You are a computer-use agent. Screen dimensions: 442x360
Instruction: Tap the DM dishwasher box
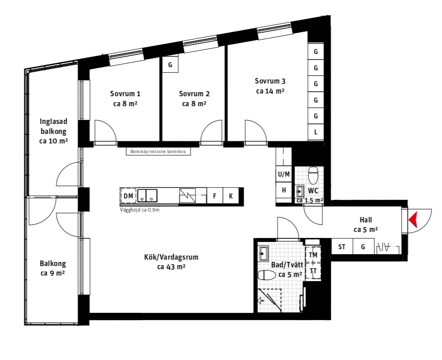[128, 196]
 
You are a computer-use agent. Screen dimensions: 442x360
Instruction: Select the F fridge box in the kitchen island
[215, 196]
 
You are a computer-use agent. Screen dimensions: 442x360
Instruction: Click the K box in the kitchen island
[231, 196]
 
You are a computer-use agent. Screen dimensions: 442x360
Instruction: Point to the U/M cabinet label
[284, 174]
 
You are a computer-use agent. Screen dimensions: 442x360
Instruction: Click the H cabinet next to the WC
[284, 190]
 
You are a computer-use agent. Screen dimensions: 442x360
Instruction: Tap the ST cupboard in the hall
[342, 247]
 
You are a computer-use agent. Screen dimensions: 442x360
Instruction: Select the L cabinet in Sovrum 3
[316, 132]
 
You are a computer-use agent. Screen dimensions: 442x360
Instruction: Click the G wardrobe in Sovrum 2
[170, 64]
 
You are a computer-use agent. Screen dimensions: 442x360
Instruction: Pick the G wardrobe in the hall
[363, 247]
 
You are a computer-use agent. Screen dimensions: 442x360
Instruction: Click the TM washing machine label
[313, 255]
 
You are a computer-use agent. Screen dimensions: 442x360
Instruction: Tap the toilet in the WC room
[313, 175]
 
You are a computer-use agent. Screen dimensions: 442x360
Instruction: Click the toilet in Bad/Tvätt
[267, 275]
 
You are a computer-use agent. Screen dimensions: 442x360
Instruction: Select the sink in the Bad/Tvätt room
[264, 253]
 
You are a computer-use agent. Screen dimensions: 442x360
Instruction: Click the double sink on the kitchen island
[147, 196]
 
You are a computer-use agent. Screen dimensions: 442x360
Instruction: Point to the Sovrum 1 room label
[125, 94]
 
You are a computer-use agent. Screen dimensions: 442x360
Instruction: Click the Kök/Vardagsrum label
[171, 257]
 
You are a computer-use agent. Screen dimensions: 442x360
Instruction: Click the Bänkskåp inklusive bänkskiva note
[158, 151]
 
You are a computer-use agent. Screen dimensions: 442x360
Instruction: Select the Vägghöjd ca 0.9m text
[140, 210]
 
